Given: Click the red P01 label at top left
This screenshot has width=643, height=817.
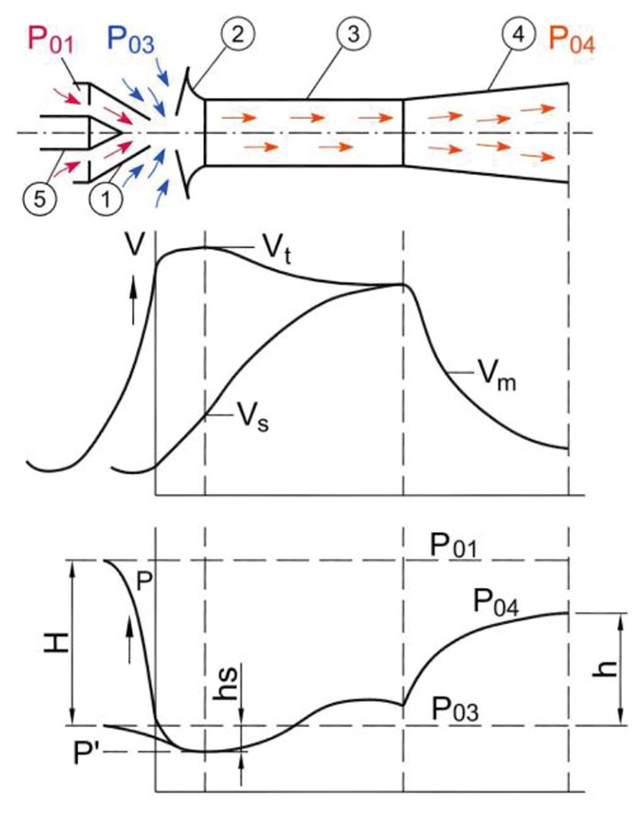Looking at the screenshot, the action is [51, 40].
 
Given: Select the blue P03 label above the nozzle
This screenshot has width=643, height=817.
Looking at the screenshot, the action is [130, 40].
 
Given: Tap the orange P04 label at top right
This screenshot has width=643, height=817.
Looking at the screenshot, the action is [571, 40].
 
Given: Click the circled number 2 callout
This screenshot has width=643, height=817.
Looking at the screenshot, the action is [237, 35].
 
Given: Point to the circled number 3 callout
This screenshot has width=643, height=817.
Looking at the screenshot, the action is [353, 35].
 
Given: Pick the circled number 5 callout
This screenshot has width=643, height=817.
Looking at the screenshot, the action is [40, 199].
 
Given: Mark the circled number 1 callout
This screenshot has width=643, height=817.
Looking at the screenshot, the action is [106, 199].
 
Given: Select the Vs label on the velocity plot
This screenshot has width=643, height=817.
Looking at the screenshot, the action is [253, 417].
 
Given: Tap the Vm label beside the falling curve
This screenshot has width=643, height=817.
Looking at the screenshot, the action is [497, 375].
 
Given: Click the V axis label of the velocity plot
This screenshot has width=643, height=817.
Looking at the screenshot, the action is [134, 244].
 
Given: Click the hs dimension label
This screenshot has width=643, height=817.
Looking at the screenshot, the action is [227, 682].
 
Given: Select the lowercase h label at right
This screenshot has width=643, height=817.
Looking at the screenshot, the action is [605, 668].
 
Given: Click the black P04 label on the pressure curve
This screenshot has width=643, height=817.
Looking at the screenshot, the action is [496, 603].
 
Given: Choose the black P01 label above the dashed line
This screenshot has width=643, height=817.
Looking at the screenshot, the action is [453, 546].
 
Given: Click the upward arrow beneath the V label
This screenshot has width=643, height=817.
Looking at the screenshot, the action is [134, 300].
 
